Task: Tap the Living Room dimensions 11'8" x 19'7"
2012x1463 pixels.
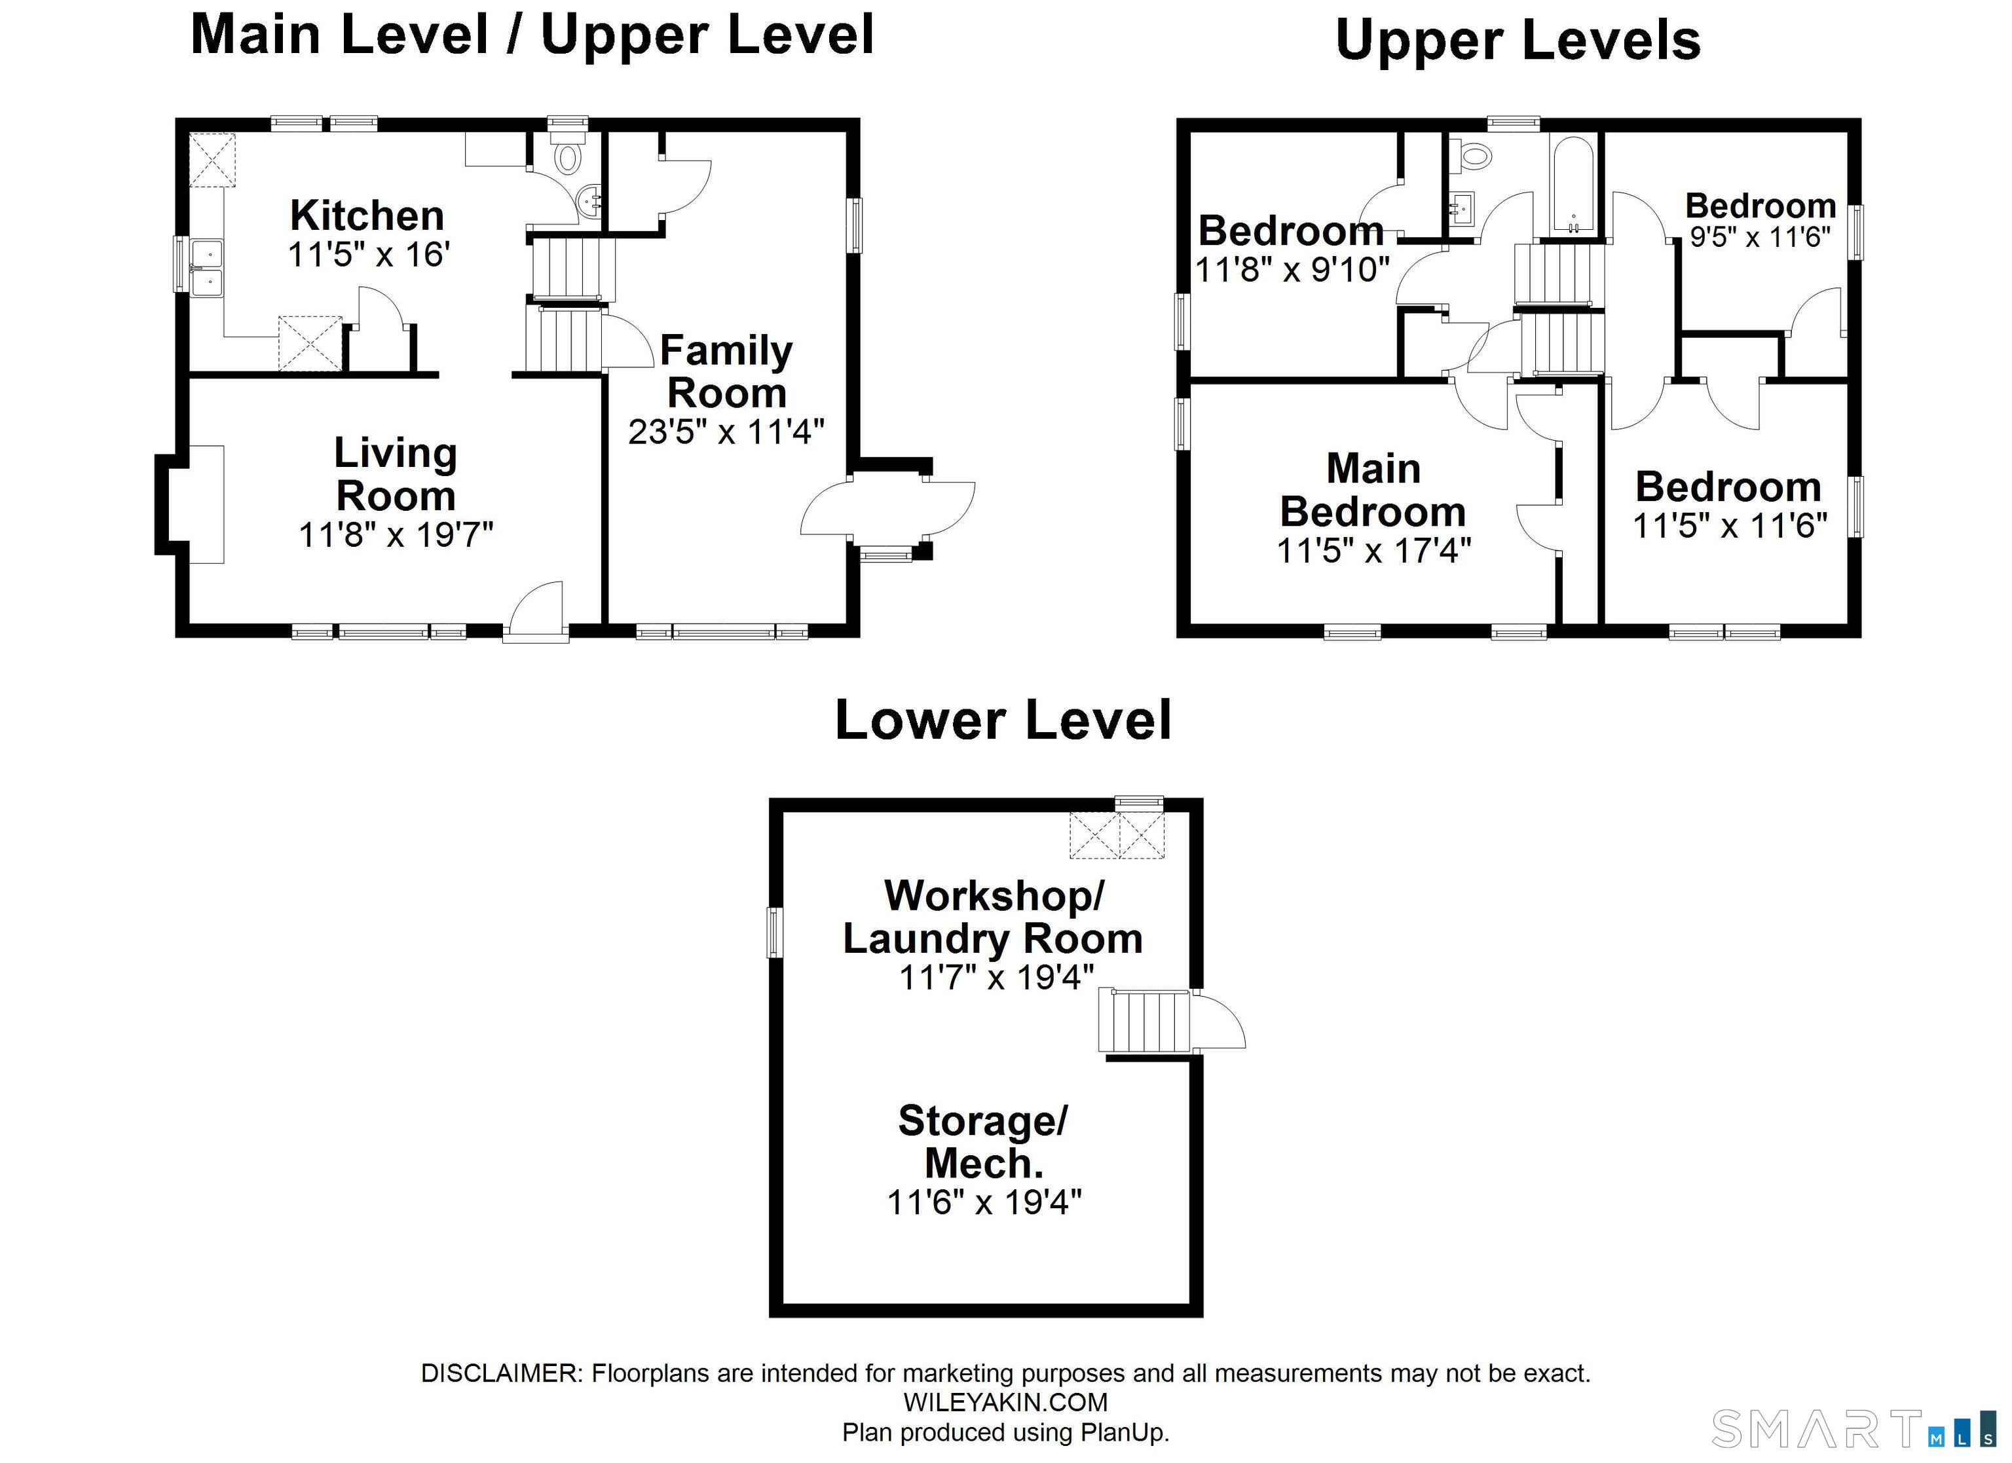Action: coord(396,535)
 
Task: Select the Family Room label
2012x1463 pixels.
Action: coord(726,372)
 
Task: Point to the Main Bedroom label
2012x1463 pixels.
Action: coord(1373,490)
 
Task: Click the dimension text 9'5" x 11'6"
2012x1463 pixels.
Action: coord(1760,238)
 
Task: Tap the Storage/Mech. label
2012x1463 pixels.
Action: coord(983,1142)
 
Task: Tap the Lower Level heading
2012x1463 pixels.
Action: coord(1003,720)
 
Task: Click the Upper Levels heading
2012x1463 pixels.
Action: coord(1518,41)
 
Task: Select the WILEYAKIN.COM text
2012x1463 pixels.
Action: coord(1005,1402)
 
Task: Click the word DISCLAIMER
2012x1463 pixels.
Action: coord(500,1373)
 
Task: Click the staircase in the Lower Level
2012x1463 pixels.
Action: coord(1144,1021)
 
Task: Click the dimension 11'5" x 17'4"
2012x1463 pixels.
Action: coord(1373,551)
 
